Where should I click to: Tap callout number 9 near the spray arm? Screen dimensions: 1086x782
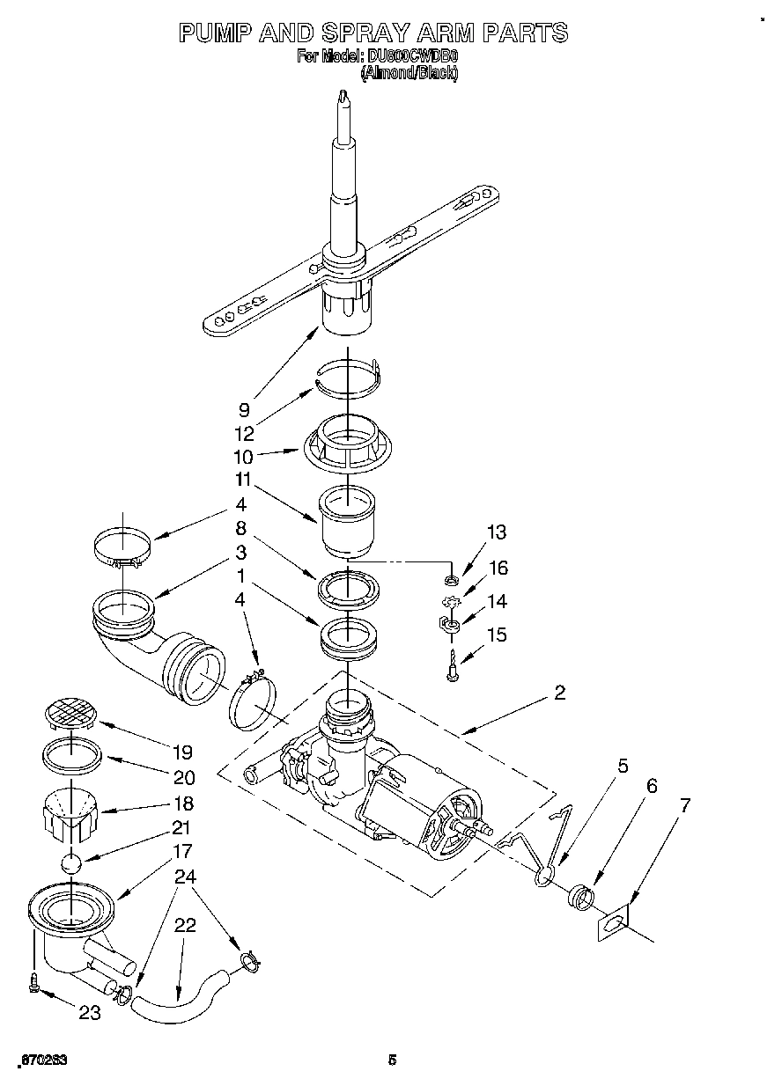pos(244,409)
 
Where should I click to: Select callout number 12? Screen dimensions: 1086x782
pos(244,433)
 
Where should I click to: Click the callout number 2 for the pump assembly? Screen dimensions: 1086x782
pos(559,693)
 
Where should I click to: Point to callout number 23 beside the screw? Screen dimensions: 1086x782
pos(90,1013)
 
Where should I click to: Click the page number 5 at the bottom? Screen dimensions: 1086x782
pos(392,1060)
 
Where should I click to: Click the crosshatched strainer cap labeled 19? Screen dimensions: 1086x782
pos(70,712)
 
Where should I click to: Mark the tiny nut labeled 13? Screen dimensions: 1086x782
pos(451,581)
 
